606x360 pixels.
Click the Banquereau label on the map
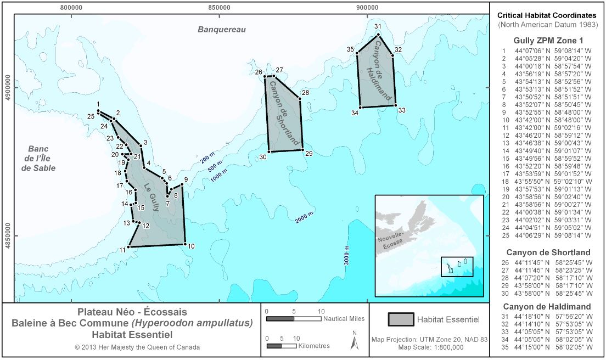(222, 29)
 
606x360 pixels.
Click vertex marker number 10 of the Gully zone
(186, 244)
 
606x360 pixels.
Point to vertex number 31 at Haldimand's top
(378, 35)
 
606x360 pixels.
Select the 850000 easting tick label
(218, 8)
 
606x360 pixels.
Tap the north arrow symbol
(355, 342)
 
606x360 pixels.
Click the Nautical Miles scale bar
(293, 318)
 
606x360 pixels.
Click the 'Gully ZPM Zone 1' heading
(548, 40)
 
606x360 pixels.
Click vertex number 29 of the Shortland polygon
(302, 150)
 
